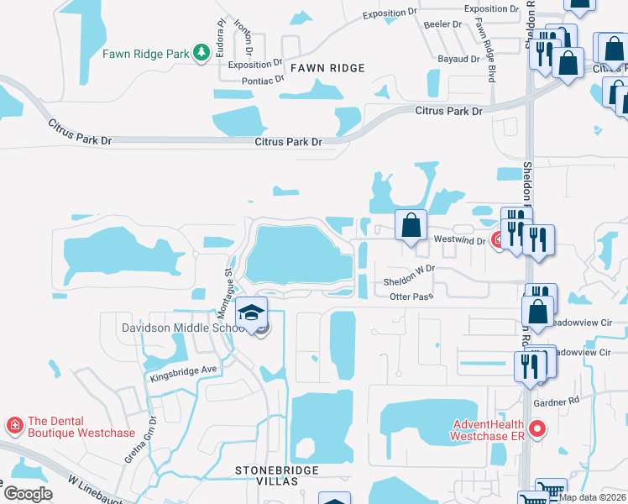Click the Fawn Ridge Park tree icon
[201, 54]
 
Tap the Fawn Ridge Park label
[146, 54]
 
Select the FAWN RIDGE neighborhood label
[327, 68]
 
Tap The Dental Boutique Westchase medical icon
[13, 426]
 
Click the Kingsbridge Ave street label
[184, 373]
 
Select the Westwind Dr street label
[459, 240]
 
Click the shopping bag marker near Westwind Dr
[411, 226]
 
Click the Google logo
[28, 494]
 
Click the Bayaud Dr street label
[457, 60]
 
